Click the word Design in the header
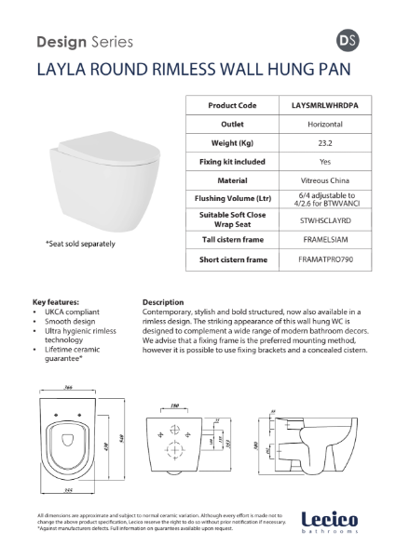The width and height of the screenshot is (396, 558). (x=60, y=42)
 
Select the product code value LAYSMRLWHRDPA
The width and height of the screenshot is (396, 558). (x=321, y=106)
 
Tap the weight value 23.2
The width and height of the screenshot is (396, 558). (x=321, y=142)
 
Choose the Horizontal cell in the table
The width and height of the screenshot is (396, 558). (x=321, y=124)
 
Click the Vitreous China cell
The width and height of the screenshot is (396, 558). (x=321, y=179)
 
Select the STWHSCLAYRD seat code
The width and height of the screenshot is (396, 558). (x=321, y=219)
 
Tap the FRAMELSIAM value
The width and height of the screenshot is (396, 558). (x=321, y=240)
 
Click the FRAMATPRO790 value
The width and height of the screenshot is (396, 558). (x=321, y=259)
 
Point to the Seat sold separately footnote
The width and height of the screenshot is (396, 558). (x=80, y=244)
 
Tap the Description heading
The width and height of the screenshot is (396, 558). (x=164, y=302)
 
